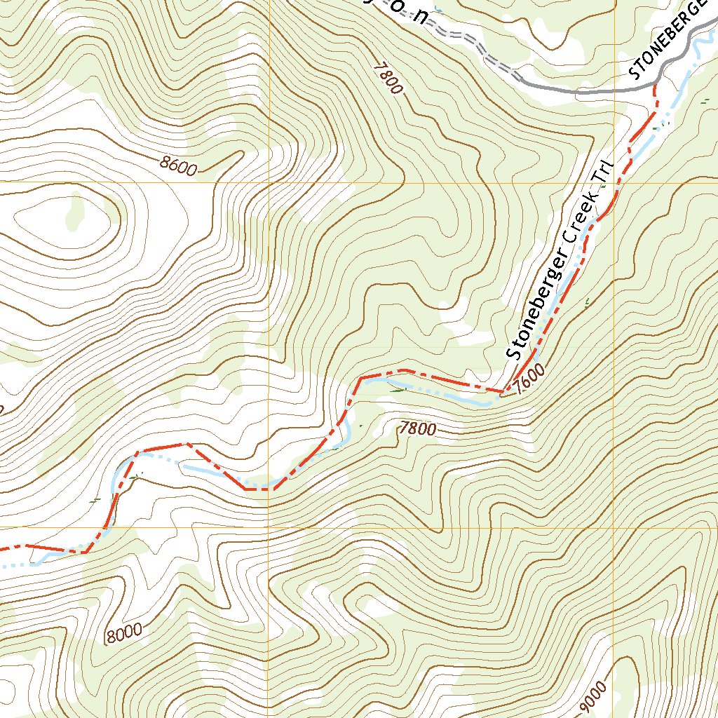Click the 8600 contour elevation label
point(178,165)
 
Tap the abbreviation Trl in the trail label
point(604,172)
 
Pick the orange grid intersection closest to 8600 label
point(269,183)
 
